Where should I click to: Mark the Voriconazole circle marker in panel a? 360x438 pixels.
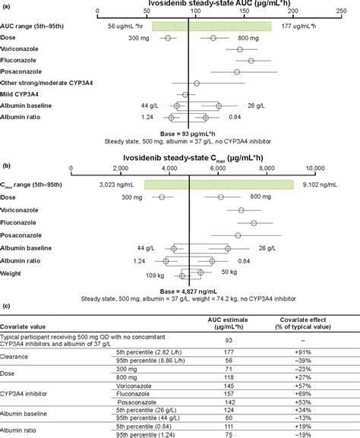pyautogui.click(x=240, y=49)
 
